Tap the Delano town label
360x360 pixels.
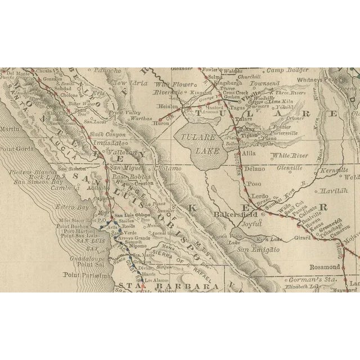tap(255, 168)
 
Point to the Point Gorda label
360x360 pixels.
tap(16, 150)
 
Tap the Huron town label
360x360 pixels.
tap(161, 119)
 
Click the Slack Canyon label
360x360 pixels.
tap(107, 135)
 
